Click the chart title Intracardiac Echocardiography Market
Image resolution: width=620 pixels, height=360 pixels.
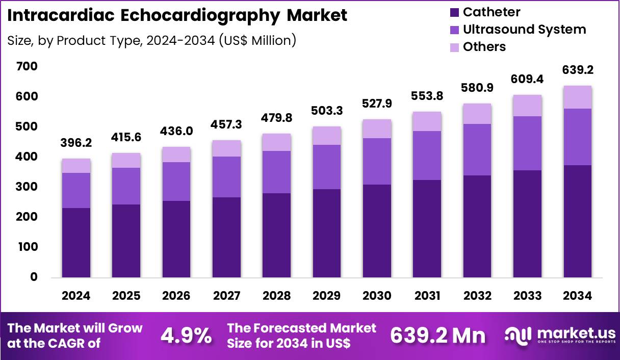tap(177, 15)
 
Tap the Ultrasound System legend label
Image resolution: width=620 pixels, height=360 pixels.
tap(524, 30)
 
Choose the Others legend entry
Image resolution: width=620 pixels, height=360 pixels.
tap(484, 47)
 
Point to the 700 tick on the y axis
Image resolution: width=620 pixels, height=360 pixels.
tap(27, 67)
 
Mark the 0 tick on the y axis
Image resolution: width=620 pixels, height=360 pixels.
tap(34, 277)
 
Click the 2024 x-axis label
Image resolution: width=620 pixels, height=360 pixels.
tap(76, 296)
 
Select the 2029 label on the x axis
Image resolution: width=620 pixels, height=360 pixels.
tap(327, 296)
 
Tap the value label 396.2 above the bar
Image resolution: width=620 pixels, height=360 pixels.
tap(76, 144)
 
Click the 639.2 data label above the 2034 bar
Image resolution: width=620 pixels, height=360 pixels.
tap(577, 70)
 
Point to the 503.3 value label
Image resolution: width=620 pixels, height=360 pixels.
tap(327, 111)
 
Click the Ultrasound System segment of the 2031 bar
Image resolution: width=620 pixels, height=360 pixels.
tap(427, 156)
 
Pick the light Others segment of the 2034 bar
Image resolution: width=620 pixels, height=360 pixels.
tap(577, 97)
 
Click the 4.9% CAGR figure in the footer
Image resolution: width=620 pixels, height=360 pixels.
tap(186, 336)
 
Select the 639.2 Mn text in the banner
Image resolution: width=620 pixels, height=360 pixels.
tap(438, 336)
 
